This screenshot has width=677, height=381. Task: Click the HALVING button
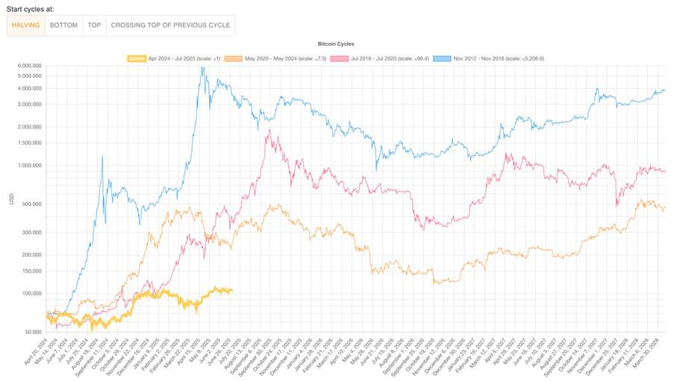(x=26, y=25)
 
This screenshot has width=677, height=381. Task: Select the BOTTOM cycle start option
(x=63, y=25)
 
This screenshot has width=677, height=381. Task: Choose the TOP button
(x=94, y=25)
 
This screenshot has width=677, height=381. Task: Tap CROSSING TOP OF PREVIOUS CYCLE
(x=170, y=25)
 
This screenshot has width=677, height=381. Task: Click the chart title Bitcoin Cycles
(x=336, y=44)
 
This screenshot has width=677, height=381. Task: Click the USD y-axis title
(x=10, y=199)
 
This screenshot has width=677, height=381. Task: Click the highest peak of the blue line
(x=202, y=67)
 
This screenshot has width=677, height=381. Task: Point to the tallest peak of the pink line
(x=269, y=131)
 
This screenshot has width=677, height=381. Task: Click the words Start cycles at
(x=31, y=7)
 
